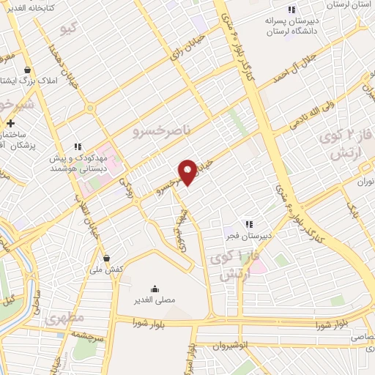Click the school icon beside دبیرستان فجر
pyautogui.click(x=249, y=223)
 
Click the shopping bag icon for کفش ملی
pyautogui.click(x=108, y=258)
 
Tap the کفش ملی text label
pyautogui.click(x=107, y=270)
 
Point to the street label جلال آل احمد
pyautogui.click(x=300, y=65)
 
